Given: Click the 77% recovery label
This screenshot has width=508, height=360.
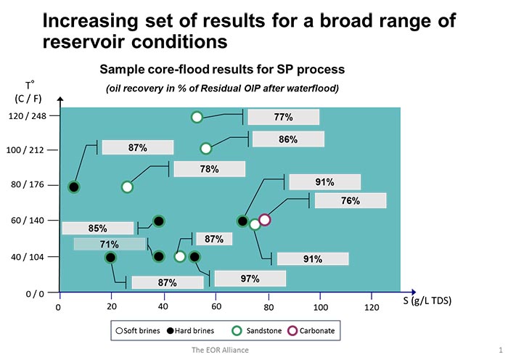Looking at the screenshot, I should [x=283, y=117].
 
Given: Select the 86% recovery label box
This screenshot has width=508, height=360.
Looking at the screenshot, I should [x=287, y=139].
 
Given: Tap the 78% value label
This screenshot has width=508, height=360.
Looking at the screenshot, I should [x=210, y=168].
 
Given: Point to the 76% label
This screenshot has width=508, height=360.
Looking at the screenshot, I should [x=350, y=200].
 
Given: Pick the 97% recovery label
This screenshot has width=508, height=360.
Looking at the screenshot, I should [x=250, y=279].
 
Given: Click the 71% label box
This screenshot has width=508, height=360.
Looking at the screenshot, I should [x=109, y=244].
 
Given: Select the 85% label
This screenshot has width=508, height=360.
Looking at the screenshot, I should [x=98, y=228].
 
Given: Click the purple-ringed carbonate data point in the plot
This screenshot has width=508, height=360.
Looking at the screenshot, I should [x=265, y=220].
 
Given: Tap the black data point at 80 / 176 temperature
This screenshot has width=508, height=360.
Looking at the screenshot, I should [x=73, y=187].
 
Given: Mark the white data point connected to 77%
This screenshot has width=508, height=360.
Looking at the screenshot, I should [x=197, y=117].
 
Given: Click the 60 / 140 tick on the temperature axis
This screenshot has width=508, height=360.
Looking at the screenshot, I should [x=28, y=221].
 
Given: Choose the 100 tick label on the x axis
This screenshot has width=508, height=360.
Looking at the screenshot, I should [x=320, y=307].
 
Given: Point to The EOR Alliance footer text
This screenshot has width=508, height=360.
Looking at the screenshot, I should [x=216, y=350].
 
